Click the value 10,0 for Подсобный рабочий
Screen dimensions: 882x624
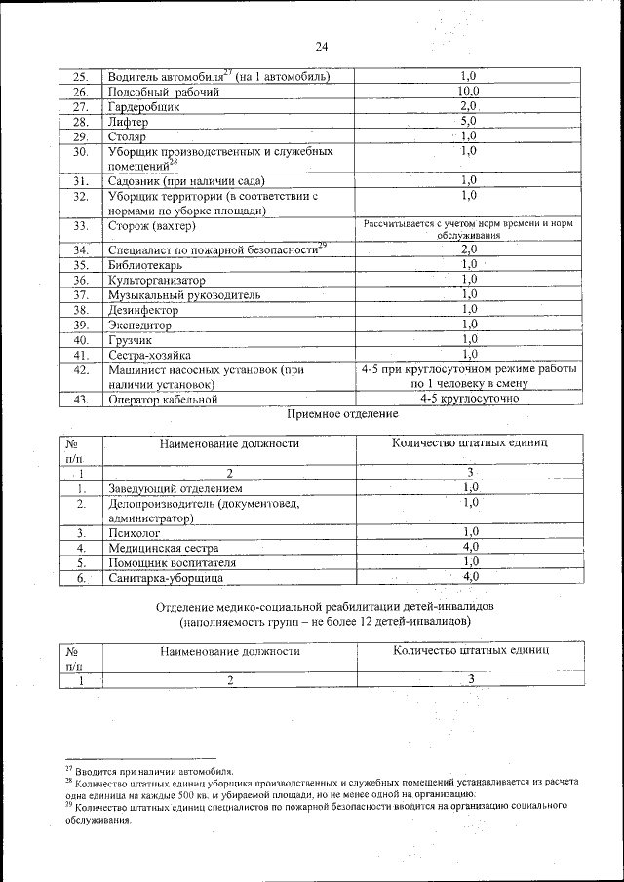tap(469, 92)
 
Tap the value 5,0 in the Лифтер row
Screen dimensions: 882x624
tap(469, 122)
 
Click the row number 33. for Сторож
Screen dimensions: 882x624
tap(82, 227)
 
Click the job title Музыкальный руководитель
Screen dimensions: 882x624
tap(184, 294)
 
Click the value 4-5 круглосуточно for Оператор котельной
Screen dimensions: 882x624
tap(469, 399)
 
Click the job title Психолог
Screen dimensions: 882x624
tap(135, 533)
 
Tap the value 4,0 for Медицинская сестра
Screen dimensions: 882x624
tap(471, 548)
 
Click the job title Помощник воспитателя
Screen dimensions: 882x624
tap(172, 563)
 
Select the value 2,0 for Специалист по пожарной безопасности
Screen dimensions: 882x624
tap(469, 249)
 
